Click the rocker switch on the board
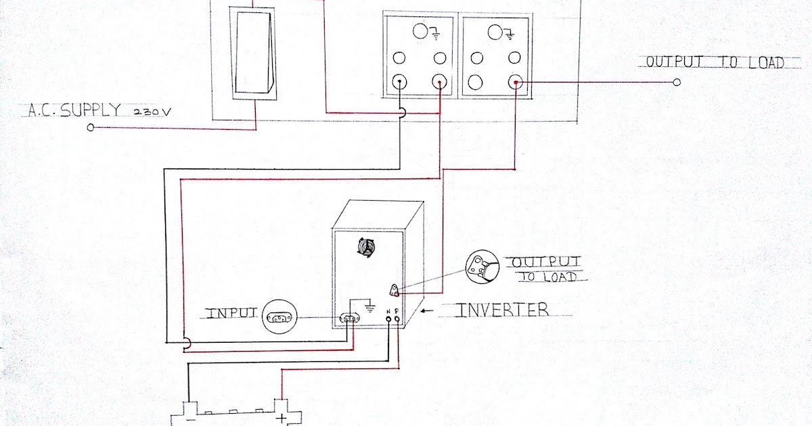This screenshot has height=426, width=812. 254,52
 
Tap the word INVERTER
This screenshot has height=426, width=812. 503,310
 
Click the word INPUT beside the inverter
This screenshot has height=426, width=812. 232,314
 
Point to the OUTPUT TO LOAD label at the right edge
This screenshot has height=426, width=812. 715,62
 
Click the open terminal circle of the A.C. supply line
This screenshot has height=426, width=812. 91,126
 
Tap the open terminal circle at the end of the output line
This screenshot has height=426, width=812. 677,82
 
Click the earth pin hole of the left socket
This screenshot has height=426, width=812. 420,32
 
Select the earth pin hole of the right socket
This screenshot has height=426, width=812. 495,32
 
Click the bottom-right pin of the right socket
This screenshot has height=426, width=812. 516,82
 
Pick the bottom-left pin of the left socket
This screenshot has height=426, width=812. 399,82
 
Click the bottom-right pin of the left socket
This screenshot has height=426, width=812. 441,82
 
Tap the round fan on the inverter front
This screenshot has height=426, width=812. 366,249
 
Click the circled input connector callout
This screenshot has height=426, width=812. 280,316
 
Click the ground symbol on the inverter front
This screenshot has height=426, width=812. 369,308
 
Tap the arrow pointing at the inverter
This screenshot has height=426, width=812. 427,311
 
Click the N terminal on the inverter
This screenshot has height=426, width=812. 388,317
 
